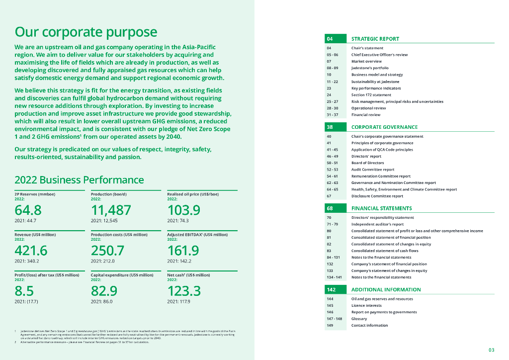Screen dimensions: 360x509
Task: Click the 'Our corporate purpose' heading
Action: [86, 32]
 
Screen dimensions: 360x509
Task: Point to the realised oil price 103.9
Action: [184, 209]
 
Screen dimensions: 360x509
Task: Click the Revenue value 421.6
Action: [31, 250]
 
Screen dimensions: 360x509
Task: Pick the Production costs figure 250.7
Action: [107, 250]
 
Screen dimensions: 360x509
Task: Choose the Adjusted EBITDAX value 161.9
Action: [183, 250]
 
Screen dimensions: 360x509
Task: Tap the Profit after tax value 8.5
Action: [24, 291]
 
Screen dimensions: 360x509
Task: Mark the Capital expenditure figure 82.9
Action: [104, 291]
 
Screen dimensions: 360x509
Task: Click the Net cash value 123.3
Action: [184, 291]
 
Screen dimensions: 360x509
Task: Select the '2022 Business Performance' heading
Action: [80, 180]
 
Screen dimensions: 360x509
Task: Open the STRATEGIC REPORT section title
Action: [375, 39]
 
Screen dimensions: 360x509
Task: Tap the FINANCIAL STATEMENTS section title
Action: [381, 208]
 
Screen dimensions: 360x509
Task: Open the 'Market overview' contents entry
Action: [366, 61]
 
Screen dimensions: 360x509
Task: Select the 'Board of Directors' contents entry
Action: [367, 163]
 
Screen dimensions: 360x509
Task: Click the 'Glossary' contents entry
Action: [359, 319]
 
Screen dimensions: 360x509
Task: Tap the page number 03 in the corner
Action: [491, 350]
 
